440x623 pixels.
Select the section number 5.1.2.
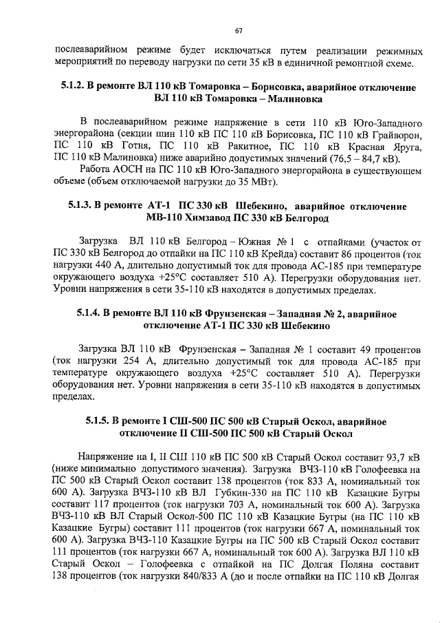click(67, 87)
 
